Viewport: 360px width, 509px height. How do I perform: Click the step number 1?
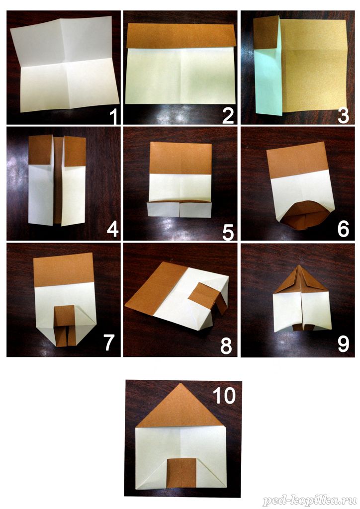click(113, 116)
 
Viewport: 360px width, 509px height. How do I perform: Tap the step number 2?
click(228, 116)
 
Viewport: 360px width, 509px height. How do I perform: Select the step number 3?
click(344, 116)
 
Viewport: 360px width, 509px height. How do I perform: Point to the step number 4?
click(113, 229)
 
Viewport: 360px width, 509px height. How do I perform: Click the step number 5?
click(228, 232)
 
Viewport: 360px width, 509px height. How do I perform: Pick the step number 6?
click(344, 229)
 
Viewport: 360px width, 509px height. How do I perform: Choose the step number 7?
click(109, 343)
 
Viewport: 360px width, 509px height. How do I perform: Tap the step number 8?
click(226, 346)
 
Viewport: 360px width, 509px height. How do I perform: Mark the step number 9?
click(344, 344)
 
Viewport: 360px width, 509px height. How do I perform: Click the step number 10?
click(224, 396)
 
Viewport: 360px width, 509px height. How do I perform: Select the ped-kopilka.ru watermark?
click(310, 501)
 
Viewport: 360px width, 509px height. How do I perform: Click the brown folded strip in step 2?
click(180, 36)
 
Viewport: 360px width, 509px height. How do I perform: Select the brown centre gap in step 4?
click(58, 180)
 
